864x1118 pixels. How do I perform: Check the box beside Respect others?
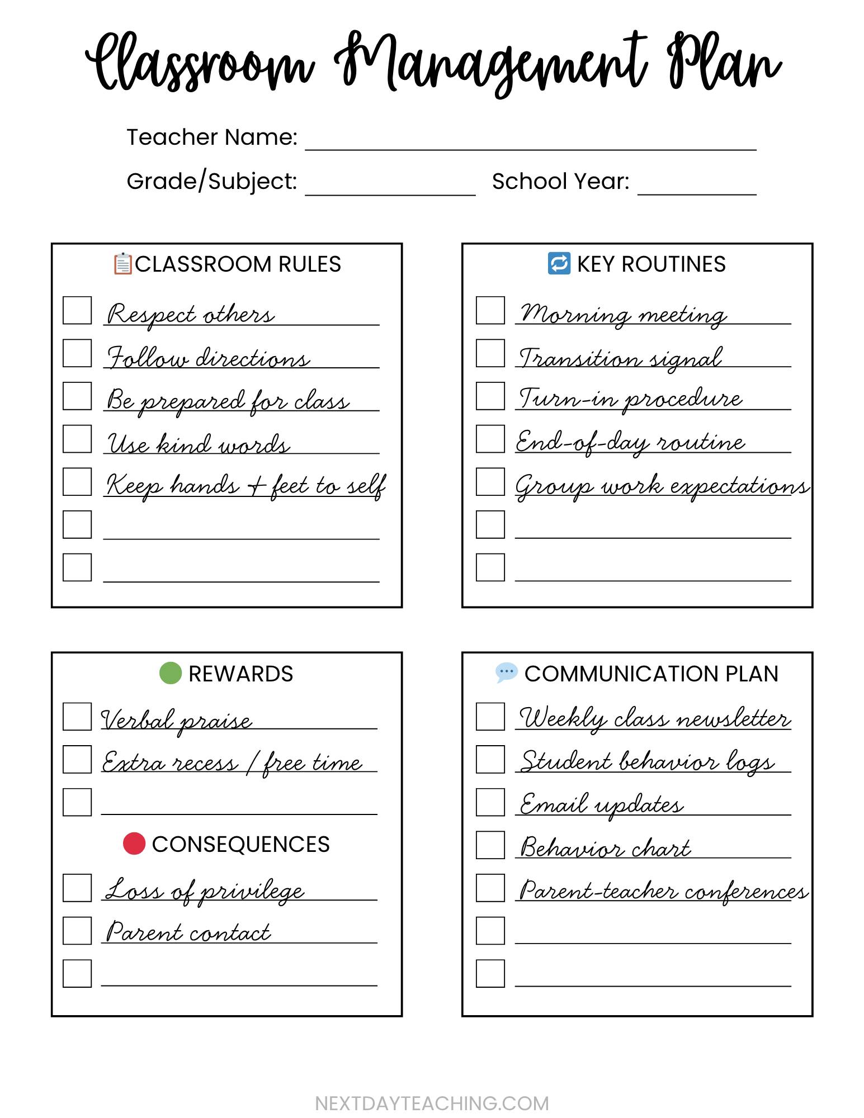(x=77, y=310)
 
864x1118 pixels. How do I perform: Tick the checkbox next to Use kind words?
(x=77, y=439)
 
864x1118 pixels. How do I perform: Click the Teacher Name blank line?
(x=530, y=143)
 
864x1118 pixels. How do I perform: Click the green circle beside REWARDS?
(x=171, y=673)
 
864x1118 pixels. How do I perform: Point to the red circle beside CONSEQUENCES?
(x=134, y=844)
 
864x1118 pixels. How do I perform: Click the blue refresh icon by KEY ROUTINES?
(x=559, y=263)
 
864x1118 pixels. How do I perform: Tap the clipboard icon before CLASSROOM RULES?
(x=122, y=264)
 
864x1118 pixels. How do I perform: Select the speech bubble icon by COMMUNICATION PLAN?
(x=507, y=672)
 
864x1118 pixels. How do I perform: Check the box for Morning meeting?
(x=490, y=310)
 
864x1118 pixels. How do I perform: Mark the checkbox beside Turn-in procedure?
(x=490, y=396)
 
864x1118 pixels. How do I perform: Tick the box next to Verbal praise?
(x=77, y=717)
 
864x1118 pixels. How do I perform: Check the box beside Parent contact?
(x=77, y=931)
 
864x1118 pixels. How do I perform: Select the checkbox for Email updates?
(x=490, y=802)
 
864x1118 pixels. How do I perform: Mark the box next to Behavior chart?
(x=490, y=845)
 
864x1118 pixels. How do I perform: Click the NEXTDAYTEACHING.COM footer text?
(x=432, y=1103)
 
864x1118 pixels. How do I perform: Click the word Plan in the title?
(x=724, y=63)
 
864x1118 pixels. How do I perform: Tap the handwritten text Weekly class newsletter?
(x=654, y=718)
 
